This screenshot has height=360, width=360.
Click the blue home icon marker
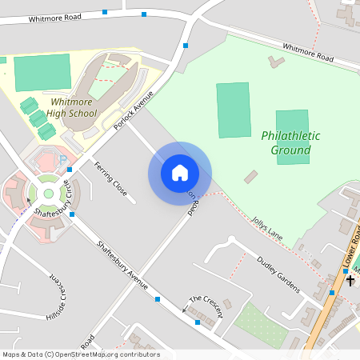click(180, 172)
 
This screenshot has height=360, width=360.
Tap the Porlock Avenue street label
click(133, 110)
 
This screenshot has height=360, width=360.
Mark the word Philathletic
click(290, 136)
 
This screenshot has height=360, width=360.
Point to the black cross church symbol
click(350, 281)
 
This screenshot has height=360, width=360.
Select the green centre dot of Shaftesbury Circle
click(47, 193)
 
